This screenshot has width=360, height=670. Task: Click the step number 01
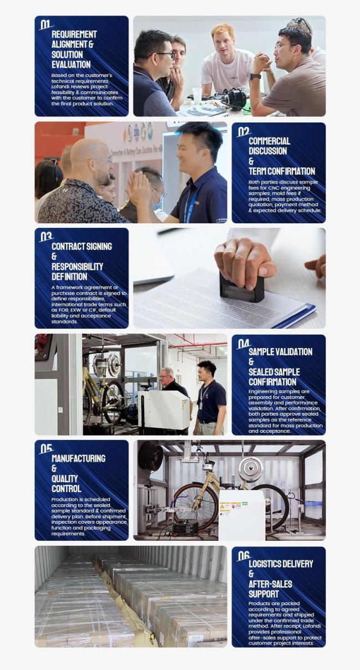(x=45, y=24)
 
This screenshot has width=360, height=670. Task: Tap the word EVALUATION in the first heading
(x=71, y=65)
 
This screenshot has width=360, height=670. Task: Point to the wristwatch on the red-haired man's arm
(x=255, y=76)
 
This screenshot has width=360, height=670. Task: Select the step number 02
(x=243, y=131)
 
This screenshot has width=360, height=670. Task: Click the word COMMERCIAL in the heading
(x=269, y=141)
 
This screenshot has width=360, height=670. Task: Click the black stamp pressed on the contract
(x=241, y=287)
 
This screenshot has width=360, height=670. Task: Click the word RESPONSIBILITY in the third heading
(x=77, y=267)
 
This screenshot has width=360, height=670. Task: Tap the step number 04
(x=243, y=344)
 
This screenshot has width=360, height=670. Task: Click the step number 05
(x=46, y=449)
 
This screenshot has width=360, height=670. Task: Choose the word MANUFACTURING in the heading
(x=78, y=458)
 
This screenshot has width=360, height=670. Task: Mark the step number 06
(x=243, y=556)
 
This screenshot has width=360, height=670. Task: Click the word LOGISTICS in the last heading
(x=265, y=564)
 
